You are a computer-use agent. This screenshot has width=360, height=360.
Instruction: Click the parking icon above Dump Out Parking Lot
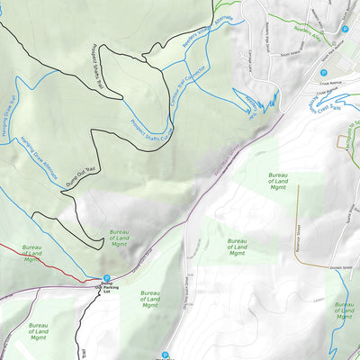(106, 278)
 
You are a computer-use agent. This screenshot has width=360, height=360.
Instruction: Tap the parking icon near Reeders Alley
(345, 29)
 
